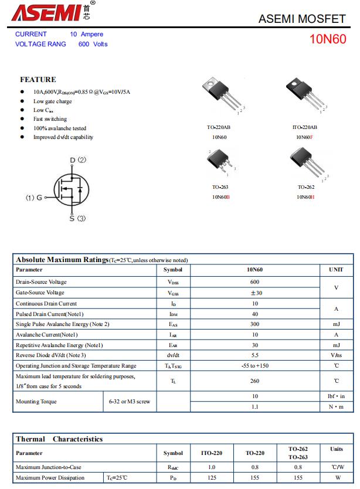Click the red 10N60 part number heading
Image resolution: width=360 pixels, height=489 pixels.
coord(328,39)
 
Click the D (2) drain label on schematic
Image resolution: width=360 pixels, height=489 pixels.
coord(77,159)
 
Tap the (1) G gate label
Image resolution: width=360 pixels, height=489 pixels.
coord(33,198)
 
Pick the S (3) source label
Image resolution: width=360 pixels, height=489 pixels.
coord(77,219)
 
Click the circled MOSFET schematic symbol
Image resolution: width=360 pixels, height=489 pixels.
coord(71,189)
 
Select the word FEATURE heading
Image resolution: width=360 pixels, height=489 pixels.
coord(38,80)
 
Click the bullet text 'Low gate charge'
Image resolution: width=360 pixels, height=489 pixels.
coord(52,101)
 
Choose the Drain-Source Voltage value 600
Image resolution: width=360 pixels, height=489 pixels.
coord(254,282)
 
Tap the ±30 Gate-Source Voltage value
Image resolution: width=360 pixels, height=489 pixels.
coord(255,293)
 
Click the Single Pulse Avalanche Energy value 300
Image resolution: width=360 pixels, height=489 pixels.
coord(254,324)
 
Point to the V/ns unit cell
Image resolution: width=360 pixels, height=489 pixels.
coord(336,355)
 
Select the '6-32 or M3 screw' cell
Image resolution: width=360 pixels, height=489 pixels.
coord(130,402)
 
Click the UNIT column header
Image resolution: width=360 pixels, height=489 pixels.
coord(336,270)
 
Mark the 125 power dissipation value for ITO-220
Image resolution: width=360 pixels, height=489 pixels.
coord(212,478)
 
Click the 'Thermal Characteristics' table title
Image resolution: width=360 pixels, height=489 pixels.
coord(59,439)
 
